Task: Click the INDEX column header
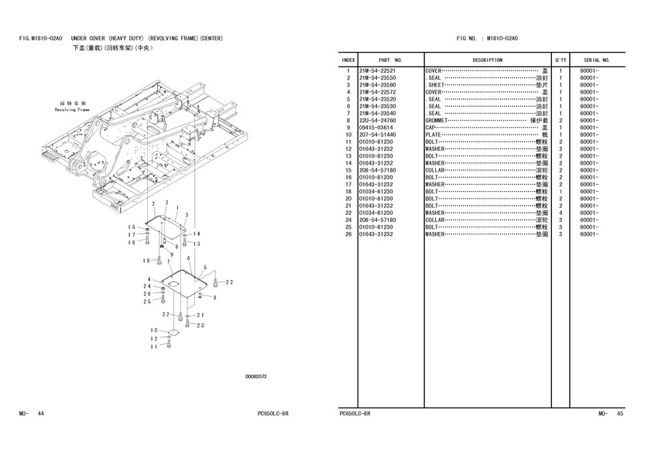coord(348,60)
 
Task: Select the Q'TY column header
coord(560,60)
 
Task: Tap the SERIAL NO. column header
coord(597,60)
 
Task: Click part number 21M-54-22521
coord(378,71)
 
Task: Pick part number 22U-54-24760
coord(378,121)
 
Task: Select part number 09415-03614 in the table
coord(376,128)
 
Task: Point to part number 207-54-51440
coord(378,135)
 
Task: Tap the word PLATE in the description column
coord(434,135)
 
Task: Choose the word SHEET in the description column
coord(437,85)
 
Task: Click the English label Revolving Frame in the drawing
coord(72,110)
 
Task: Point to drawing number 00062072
coord(256,377)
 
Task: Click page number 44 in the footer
coord(40,414)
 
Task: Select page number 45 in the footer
coord(620,414)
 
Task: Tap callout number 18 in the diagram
coord(146,261)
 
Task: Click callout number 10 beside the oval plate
coord(154,330)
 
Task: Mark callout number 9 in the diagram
coord(171,254)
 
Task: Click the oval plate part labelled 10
coord(171,333)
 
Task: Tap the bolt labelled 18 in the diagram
coord(160,261)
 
